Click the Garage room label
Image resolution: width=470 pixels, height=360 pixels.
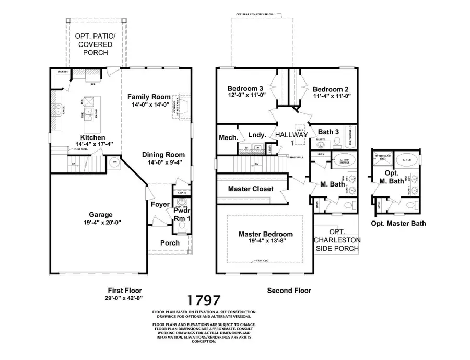[x=100, y=215]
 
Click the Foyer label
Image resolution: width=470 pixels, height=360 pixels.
[x=160, y=204]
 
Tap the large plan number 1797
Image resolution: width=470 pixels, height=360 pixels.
[x=204, y=300]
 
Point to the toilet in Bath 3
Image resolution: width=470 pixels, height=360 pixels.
[x=337, y=141]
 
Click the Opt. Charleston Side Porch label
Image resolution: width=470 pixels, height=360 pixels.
[x=337, y=240]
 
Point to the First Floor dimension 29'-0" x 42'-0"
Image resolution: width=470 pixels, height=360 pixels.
[x=125, y=298]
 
